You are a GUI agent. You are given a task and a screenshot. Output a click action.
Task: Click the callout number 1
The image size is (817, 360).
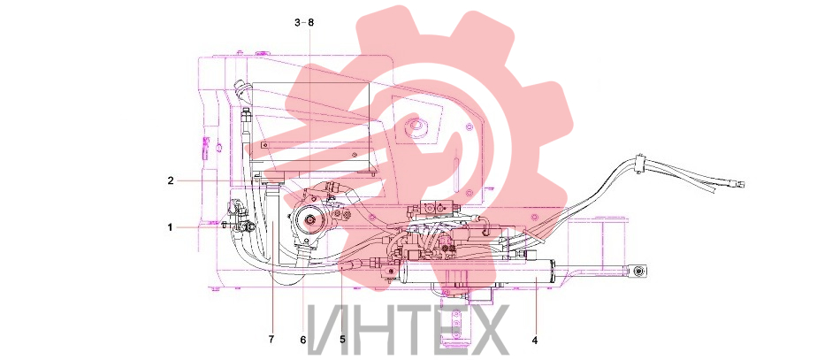[x=170, y=227]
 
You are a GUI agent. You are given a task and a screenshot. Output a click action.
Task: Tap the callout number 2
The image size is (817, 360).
[x=171, y=180]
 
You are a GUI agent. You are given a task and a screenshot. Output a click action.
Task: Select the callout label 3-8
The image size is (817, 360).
[x=305, y=22]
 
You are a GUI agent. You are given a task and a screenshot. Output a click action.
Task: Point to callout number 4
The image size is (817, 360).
[x=535, y=341]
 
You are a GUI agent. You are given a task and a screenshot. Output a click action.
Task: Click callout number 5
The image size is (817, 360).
[x=342, y=340]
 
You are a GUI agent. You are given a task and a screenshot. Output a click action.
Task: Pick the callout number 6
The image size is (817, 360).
[x=302, y=340]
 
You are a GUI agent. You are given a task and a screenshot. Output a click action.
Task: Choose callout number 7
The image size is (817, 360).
[x=271, y=340]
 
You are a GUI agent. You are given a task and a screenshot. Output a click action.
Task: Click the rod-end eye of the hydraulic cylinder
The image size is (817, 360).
[x=638, y=271]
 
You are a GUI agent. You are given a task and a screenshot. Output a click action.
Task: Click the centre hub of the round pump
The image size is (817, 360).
[x=310, y=222]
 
